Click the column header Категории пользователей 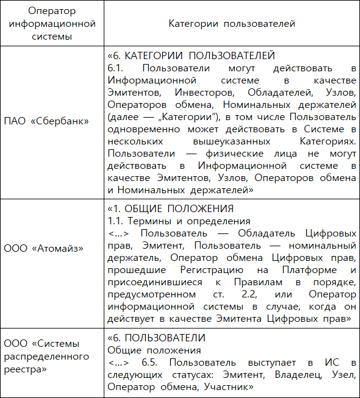pyautogui.click(x=232, y=24)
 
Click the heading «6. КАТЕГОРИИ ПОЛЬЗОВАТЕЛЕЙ pyautogui.click(x=192, y=55)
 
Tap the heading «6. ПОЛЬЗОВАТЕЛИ pyautogui.click(x=156, y=338)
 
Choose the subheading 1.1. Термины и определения pyautogui.click(x=168, y=221)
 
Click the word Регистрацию pyautogui.click(x=201, y=269)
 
